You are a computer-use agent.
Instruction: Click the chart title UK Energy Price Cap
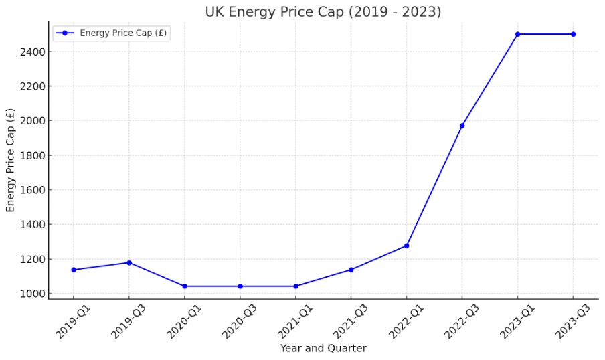(323, 12)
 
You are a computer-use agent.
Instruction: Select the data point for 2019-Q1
(74, 270)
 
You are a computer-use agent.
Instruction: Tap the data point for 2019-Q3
(129, 262)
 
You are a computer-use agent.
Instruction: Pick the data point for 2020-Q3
(240, 286)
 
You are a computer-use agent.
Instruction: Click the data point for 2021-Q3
(351, 270)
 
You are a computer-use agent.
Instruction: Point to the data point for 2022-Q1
(406, 246)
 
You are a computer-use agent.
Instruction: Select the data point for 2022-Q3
(462, 126)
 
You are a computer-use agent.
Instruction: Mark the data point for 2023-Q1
(517, 34)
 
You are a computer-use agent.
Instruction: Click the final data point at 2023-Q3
(573, 34)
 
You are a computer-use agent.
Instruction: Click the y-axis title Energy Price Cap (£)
(11, 160)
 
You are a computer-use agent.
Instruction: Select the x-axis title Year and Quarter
(323, 349)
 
